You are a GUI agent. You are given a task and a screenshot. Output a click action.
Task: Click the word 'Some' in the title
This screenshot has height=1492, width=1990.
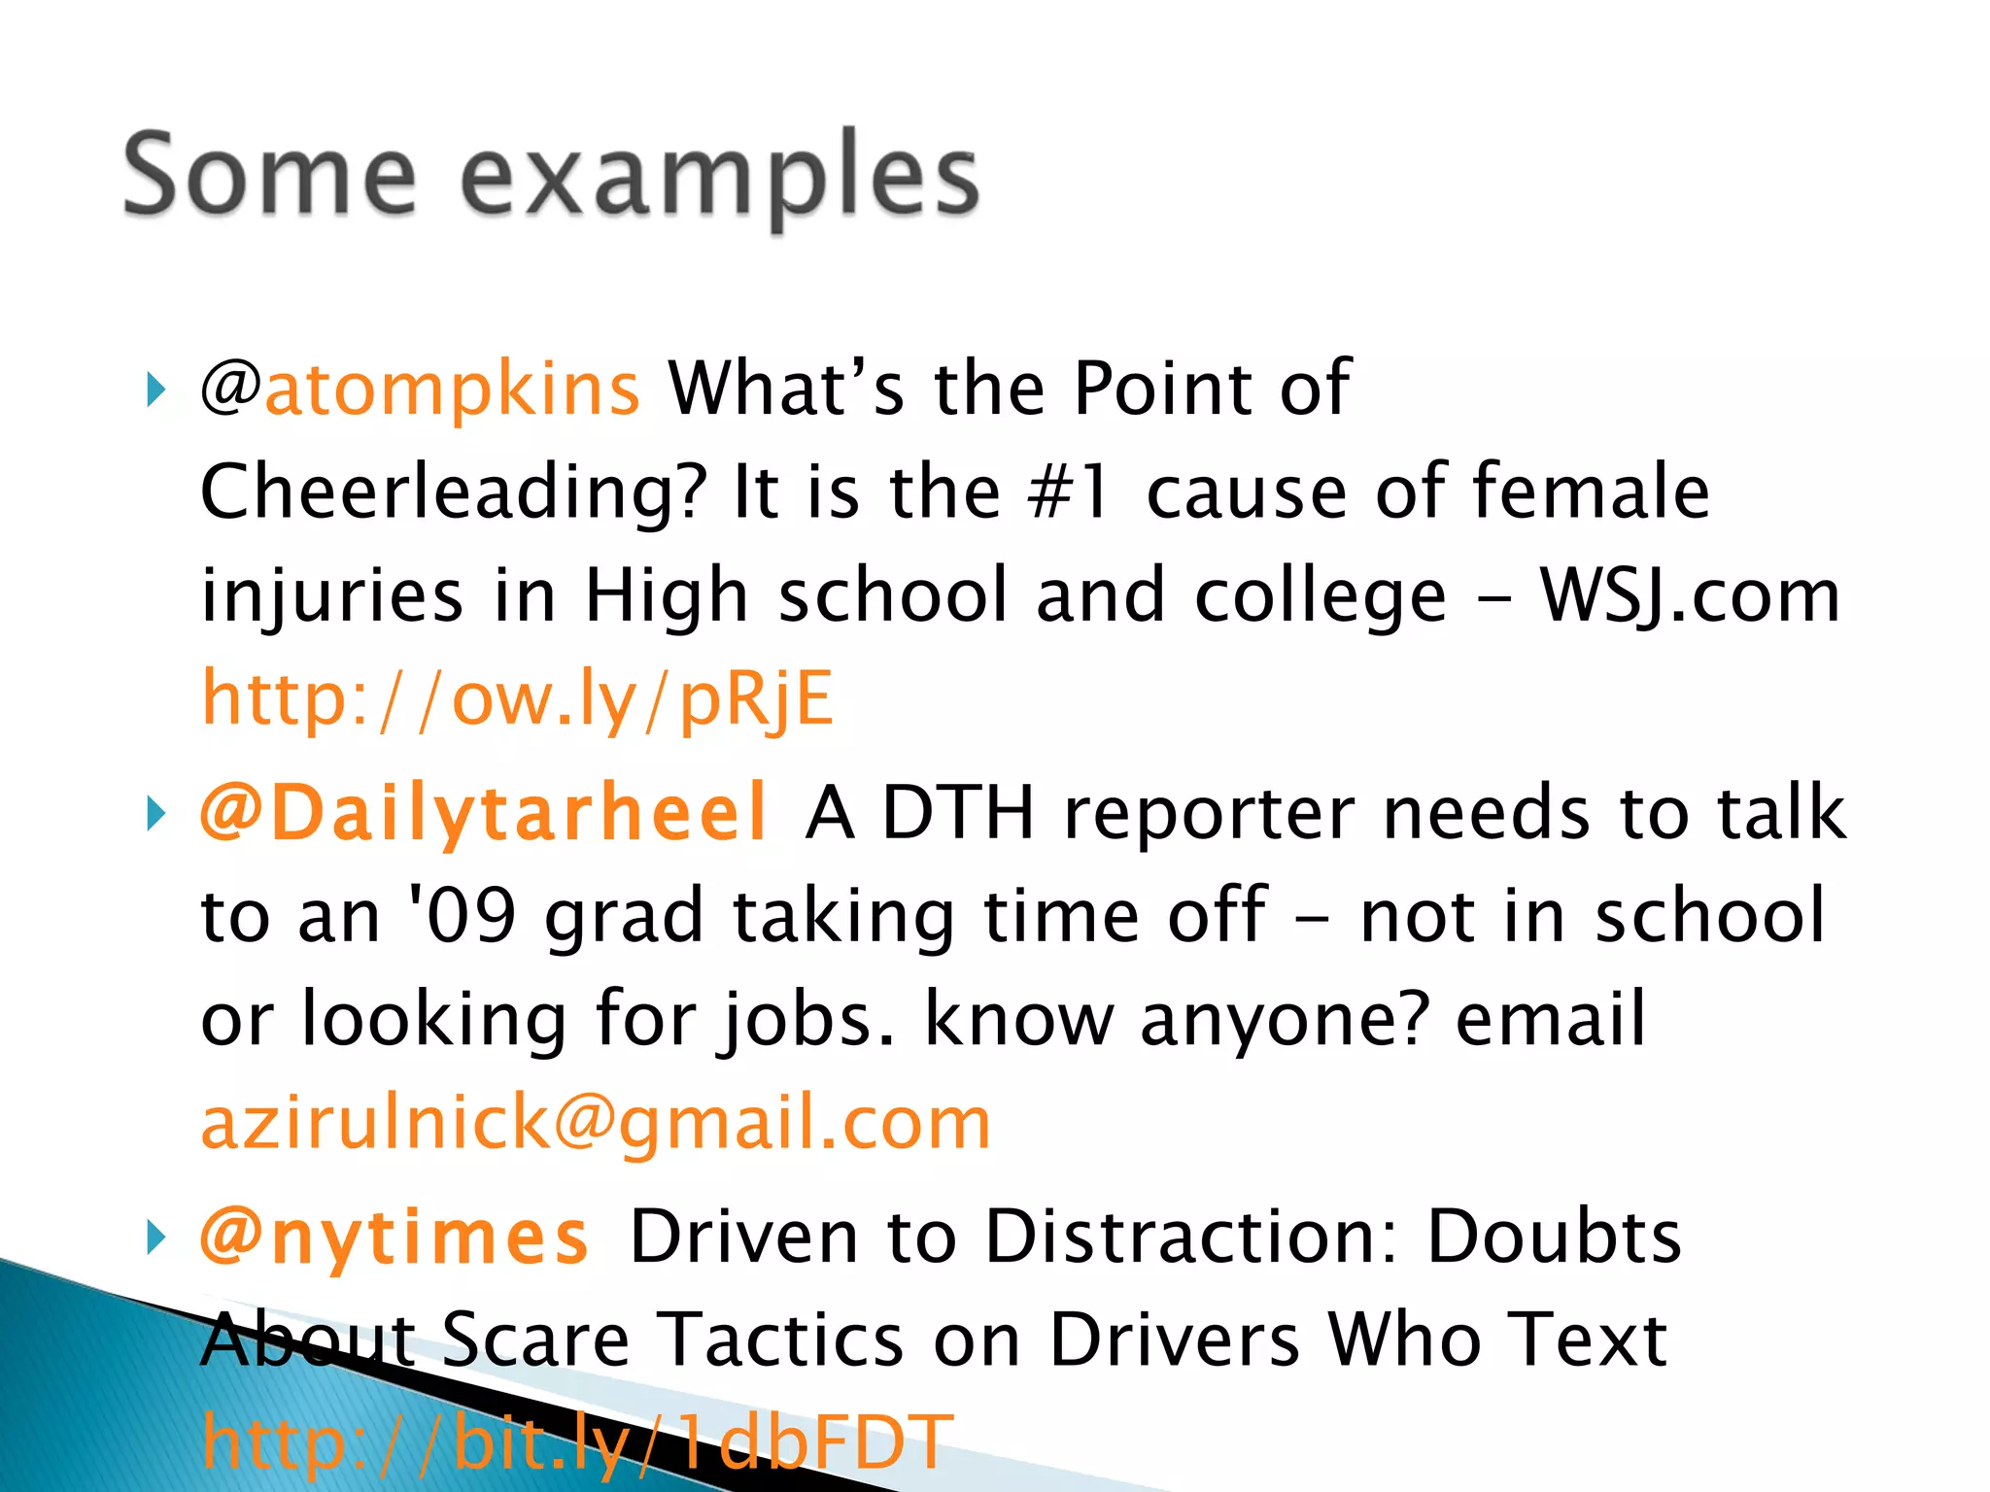tap(270, 175)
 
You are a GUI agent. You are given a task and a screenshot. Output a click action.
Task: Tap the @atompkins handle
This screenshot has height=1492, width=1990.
tap(421, 389)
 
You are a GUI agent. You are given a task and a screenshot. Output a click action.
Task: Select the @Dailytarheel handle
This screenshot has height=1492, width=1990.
tap(484, 812)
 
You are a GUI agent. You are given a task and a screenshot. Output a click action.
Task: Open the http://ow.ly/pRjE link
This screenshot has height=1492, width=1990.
tap(517, 698)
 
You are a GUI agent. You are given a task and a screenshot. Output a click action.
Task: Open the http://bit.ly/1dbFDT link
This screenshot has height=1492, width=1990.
tap(577, 1442)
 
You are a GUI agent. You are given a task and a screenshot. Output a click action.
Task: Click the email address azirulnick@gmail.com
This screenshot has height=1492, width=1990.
tap(595, 1122)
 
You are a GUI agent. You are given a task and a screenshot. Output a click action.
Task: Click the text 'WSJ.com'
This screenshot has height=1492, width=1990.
tap(1690, 595)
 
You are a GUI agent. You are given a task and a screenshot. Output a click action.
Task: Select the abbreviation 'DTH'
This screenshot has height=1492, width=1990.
tap(958, 812)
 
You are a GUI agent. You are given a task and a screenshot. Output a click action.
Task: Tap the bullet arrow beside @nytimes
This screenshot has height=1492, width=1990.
tap(155, 1238)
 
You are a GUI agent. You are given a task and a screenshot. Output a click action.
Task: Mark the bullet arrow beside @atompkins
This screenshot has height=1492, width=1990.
tap(155, 390)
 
